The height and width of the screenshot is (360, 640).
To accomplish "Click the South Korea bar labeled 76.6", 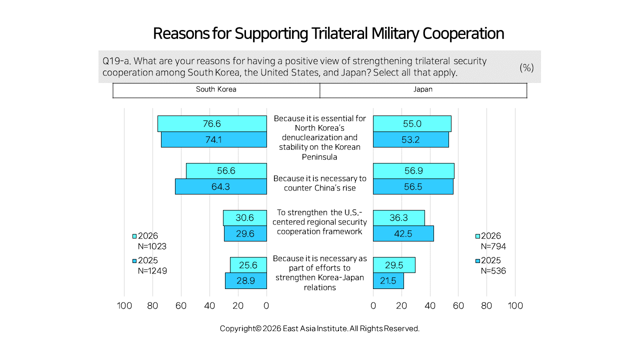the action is click(x=212, y=123).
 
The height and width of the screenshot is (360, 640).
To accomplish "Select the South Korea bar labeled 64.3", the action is click(x=221, y=186).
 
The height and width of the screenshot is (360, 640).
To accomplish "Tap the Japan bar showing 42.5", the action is click(x=403, y=233).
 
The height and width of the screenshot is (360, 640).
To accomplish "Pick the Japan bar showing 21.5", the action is click(x=388, y=280).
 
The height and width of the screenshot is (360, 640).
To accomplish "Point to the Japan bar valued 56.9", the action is click(x=413, y=171).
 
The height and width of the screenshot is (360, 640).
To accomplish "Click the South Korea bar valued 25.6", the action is click(x=248, y=265).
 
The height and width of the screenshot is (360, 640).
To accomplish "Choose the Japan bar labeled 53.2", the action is click(x=411, y=139).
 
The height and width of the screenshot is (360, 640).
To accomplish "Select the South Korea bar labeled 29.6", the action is click(x=245, y=233).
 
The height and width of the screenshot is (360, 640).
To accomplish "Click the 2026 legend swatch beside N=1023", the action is click(x=134, y=236).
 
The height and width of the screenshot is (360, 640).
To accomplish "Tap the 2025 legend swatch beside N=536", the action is click(x=477, y=260).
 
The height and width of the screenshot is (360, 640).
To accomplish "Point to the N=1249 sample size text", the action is click(x=152, y=270).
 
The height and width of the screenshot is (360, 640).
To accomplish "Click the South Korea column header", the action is click(x=216, y=89).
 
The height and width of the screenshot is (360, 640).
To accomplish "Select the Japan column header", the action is click(x=423, y=89).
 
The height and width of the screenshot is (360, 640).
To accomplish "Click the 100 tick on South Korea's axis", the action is click(x=124, y=305).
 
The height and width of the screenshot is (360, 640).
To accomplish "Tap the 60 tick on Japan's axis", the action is click(x=458, y=305).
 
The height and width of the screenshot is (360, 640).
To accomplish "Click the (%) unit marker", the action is click(x=526, y=67).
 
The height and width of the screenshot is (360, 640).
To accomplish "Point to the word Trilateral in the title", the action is click(x=339, y=33).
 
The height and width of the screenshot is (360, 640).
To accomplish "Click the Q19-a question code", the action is click(x=116, y=61).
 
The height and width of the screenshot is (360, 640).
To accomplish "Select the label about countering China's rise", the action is click(x=319, y=183).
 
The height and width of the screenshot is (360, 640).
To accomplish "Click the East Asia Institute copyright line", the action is click(x=319, y=328).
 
